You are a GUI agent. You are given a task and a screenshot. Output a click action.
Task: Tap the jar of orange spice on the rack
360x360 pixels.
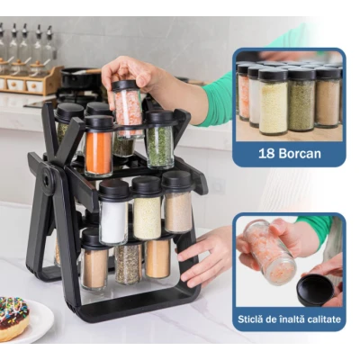point(98,146)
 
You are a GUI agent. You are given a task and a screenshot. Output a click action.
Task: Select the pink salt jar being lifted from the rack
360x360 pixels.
point(129,110)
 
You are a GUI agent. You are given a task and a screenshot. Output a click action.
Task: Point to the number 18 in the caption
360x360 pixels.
point(266,153)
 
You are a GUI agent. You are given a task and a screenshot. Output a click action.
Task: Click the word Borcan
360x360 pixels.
point(300,153)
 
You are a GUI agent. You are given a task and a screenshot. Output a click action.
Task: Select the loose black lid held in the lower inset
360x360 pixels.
point(315,290)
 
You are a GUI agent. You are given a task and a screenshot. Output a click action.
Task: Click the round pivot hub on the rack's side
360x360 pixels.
point(48,180)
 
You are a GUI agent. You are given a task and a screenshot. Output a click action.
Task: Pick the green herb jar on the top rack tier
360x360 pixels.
point(160,139)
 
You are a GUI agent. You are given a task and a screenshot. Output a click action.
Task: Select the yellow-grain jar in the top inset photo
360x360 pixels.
point(273,101)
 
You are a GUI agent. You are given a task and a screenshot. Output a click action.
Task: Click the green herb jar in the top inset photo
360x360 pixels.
point(301,100)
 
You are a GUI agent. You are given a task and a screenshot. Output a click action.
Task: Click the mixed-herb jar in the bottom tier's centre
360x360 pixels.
point(129,263)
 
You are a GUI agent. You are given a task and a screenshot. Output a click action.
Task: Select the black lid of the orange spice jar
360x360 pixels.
point(99,122)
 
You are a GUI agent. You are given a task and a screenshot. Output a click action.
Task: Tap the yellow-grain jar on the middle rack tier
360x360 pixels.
point(147,208)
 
